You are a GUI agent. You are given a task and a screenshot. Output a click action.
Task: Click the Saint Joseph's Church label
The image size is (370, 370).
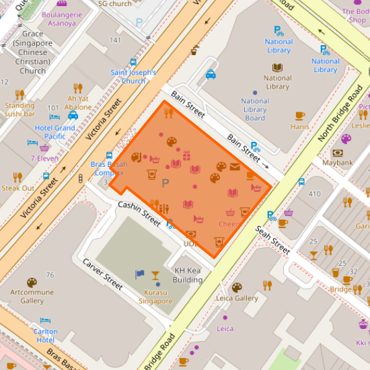coord(133,77)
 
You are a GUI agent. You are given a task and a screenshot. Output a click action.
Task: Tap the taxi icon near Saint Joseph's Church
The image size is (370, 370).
coord(211,75)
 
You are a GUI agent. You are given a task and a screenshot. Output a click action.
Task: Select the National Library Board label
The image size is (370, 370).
coord(255,110)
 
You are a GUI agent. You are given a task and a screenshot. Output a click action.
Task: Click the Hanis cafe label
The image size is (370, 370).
coord(299,126)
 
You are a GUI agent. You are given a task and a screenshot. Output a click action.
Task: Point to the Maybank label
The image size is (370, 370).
coord(337,162)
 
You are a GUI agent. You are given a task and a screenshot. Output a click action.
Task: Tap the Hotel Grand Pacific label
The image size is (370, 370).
coord(55,132)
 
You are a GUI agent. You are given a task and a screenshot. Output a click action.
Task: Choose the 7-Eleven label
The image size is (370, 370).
coord(44,158)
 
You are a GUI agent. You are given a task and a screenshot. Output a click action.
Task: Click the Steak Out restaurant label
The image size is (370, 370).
coord(17,188)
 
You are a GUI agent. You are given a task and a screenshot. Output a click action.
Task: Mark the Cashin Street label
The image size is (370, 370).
coord(139,213)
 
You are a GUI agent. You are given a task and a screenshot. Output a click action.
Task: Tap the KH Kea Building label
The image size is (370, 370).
coord(188,275)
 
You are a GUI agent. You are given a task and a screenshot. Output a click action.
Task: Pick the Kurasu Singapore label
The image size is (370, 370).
coord(155,297)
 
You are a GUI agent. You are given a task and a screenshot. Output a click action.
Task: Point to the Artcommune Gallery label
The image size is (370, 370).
coord(32,297)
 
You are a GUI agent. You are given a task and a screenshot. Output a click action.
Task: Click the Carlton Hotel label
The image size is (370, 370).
coord(46,336)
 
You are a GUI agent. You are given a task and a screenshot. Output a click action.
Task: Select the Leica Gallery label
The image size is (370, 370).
coord(237,298)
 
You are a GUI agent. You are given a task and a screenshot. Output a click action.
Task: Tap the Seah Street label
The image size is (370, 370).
coord(272,239)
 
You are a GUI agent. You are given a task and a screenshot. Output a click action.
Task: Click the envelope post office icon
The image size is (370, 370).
coord(235,167)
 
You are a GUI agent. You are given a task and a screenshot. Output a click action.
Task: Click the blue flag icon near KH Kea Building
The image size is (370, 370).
coord(140,274)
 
